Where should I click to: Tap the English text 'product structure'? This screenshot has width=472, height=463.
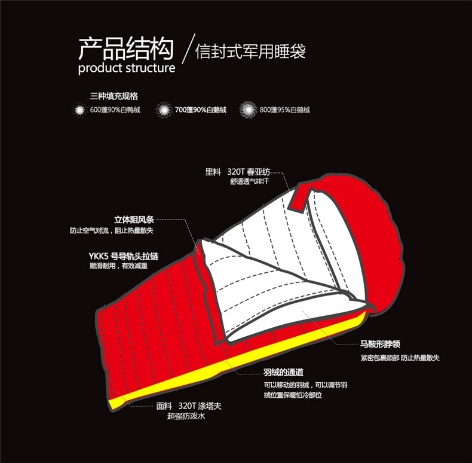(x=127, y=68)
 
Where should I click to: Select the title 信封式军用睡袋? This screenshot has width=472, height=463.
(x=251, y=50)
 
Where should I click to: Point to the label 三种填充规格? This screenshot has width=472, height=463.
(x=114, y=95)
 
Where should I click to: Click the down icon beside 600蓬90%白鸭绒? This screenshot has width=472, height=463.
(x=79, y=110)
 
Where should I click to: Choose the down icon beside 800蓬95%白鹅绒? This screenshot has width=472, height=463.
(x=247, y=110)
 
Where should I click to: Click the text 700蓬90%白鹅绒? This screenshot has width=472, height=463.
(x=201, y=110)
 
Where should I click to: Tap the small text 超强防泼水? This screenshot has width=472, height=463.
(x=186, y=416)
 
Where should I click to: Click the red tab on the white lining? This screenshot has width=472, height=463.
(x=299, y=196)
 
